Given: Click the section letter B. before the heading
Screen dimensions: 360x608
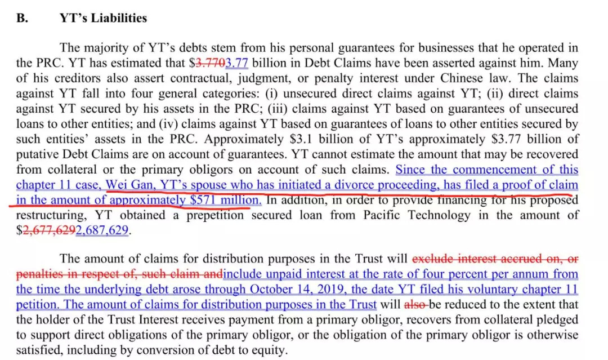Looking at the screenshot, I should pos(21,18).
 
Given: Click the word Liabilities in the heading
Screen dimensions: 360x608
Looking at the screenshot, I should pos(115,18).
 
